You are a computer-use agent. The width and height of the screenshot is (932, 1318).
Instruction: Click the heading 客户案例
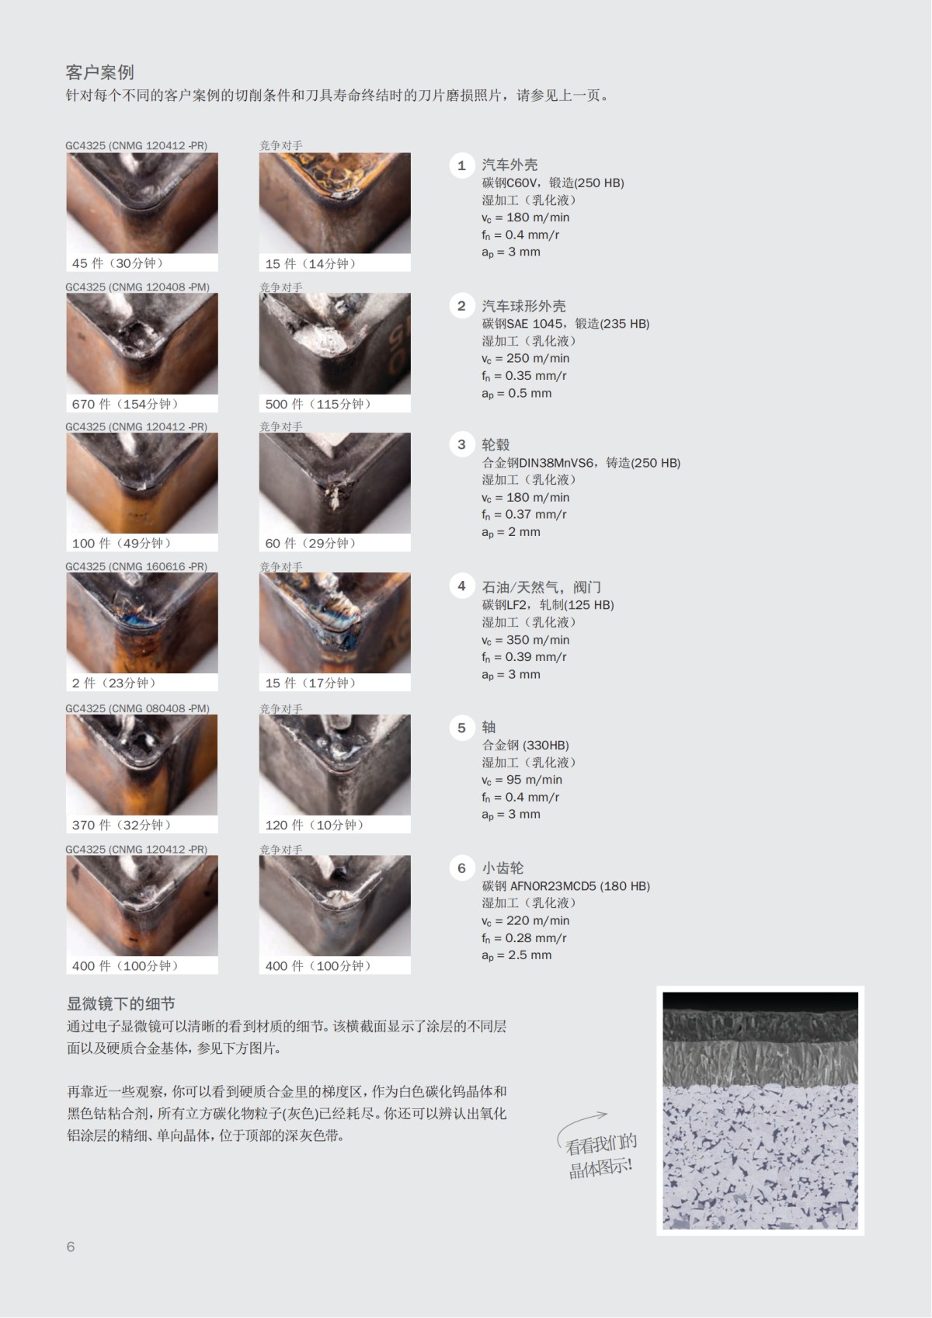99,72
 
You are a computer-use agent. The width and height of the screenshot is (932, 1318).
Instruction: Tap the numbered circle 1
461,165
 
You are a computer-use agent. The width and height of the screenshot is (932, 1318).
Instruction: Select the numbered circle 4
461,586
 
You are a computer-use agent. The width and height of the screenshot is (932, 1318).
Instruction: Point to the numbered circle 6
461,868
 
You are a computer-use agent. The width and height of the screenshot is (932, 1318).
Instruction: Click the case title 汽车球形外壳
523,306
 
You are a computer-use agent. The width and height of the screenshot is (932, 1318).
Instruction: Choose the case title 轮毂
496,445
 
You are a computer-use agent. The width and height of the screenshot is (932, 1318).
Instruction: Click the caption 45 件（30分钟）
117,263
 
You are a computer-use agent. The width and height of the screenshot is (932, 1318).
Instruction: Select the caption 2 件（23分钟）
114,683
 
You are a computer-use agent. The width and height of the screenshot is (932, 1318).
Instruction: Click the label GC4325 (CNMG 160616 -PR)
136,567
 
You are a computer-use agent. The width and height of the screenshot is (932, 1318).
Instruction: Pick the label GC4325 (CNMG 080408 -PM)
137,708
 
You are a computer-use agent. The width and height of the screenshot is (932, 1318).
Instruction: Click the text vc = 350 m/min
525,640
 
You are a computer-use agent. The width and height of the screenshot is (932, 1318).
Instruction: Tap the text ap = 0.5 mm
516,393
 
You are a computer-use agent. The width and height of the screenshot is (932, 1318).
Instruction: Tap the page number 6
71,1247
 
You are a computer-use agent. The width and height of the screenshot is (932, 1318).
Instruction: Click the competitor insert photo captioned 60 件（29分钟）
335,483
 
